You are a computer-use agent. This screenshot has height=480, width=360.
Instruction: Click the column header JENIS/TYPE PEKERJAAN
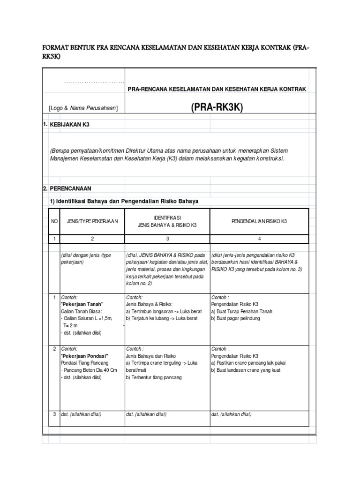[x=92, y=221]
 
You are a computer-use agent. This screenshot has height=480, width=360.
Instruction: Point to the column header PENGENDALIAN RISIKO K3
[x=259, y=221]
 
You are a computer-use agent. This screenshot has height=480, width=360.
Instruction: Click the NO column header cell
[x=54, y=221]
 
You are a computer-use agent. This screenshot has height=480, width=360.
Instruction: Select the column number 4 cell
[x=259, y=239]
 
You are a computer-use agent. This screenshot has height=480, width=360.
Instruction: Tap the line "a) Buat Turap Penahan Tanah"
[x=242, y=311]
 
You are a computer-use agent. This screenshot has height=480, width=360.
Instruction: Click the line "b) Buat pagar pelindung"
[x=235, y=318]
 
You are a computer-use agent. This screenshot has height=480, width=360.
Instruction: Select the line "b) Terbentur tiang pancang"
[x=154, y=377]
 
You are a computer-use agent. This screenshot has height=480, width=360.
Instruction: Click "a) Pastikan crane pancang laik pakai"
[x=248, y=363]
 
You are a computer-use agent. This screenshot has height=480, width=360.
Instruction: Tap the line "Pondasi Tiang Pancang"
[x=84, y=363]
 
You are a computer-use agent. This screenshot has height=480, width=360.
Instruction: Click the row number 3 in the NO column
[x=54, y=414]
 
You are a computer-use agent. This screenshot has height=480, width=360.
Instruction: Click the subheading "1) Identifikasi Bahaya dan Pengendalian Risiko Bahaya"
[x=124, y=201]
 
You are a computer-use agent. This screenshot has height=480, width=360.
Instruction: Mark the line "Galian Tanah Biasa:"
[x=82, y=311]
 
